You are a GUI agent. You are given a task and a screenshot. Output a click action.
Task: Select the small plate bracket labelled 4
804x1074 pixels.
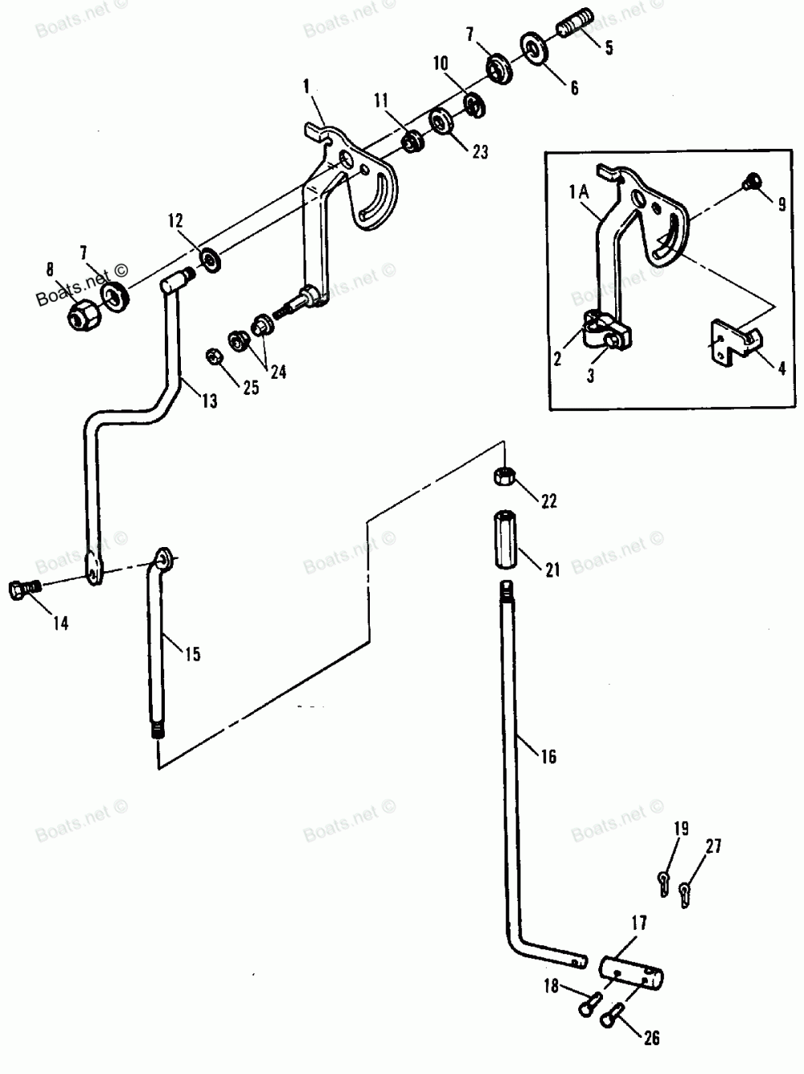[x=730, y=343]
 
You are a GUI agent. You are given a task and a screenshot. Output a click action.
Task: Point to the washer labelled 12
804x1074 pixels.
[x=212, y=260]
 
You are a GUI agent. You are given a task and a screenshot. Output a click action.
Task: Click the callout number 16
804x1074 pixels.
[x=549, y=756]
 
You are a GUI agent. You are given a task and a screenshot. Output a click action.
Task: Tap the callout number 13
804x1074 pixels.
[x=209, y=401]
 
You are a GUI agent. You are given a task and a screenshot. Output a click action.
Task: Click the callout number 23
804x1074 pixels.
[x=479, y=151]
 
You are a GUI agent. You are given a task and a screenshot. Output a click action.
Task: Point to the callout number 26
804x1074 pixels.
[x=651, y=1038]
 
